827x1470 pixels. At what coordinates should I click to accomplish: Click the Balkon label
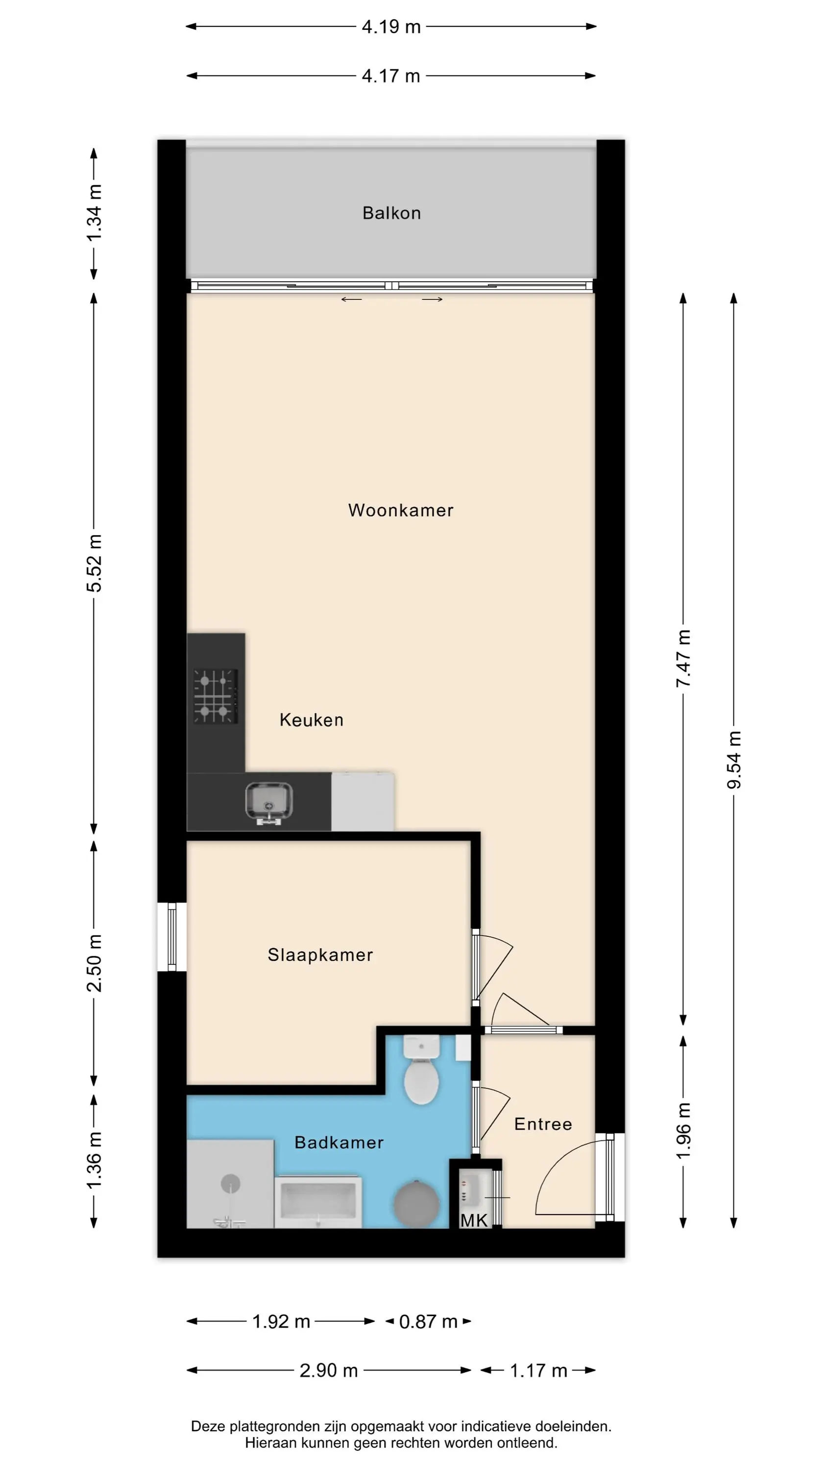[x=391, y=213]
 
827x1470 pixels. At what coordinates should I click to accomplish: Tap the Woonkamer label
[x=401, y=510]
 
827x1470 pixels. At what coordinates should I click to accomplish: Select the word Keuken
[x=312, y=720]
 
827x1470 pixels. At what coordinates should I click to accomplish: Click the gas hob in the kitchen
[x=216, y=696]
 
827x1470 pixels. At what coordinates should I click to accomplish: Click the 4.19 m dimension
[x=391, y=26]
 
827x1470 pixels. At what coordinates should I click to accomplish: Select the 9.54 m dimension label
[x=734, y=759]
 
